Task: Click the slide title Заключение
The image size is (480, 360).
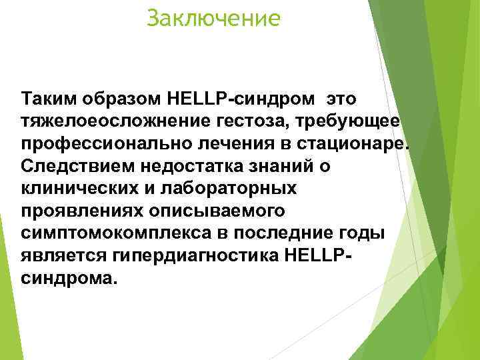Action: point(214,18)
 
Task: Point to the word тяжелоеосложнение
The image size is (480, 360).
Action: point(123,122)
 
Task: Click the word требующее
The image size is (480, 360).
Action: point(359,122)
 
